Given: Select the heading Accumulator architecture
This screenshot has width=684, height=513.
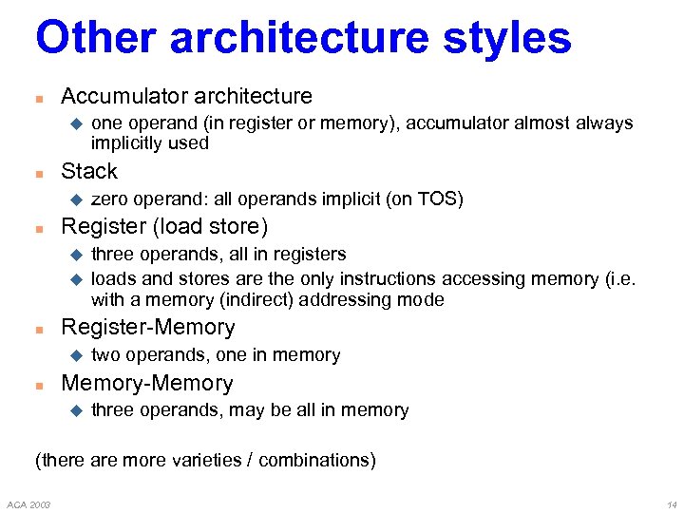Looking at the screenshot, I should (x=186, y=96).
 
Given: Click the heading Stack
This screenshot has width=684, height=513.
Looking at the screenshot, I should (x=89, y=171).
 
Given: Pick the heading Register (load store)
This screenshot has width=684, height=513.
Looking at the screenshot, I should (x=164, y=226).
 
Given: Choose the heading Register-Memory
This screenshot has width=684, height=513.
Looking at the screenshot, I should (x=147, y=327).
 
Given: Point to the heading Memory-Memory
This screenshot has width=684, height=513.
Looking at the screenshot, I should (x=146, y=383).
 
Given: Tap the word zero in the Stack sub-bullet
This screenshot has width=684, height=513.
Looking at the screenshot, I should (x=109, y=199).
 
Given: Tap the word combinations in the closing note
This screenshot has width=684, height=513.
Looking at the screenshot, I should (x=313, y=460).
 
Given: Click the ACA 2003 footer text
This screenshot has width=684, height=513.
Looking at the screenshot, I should (x=29, y=503).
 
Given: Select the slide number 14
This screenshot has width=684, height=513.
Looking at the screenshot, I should (x=672, y=503).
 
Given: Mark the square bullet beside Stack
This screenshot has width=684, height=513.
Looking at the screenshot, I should (x=39, y=173).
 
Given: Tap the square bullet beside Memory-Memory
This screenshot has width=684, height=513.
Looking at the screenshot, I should (x=39, y=385).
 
